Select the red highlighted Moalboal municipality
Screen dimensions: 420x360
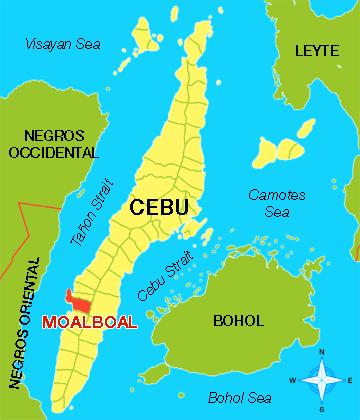coord(77,301)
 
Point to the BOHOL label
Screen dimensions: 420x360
coord(239,321)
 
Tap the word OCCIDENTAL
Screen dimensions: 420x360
coord(54,153)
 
